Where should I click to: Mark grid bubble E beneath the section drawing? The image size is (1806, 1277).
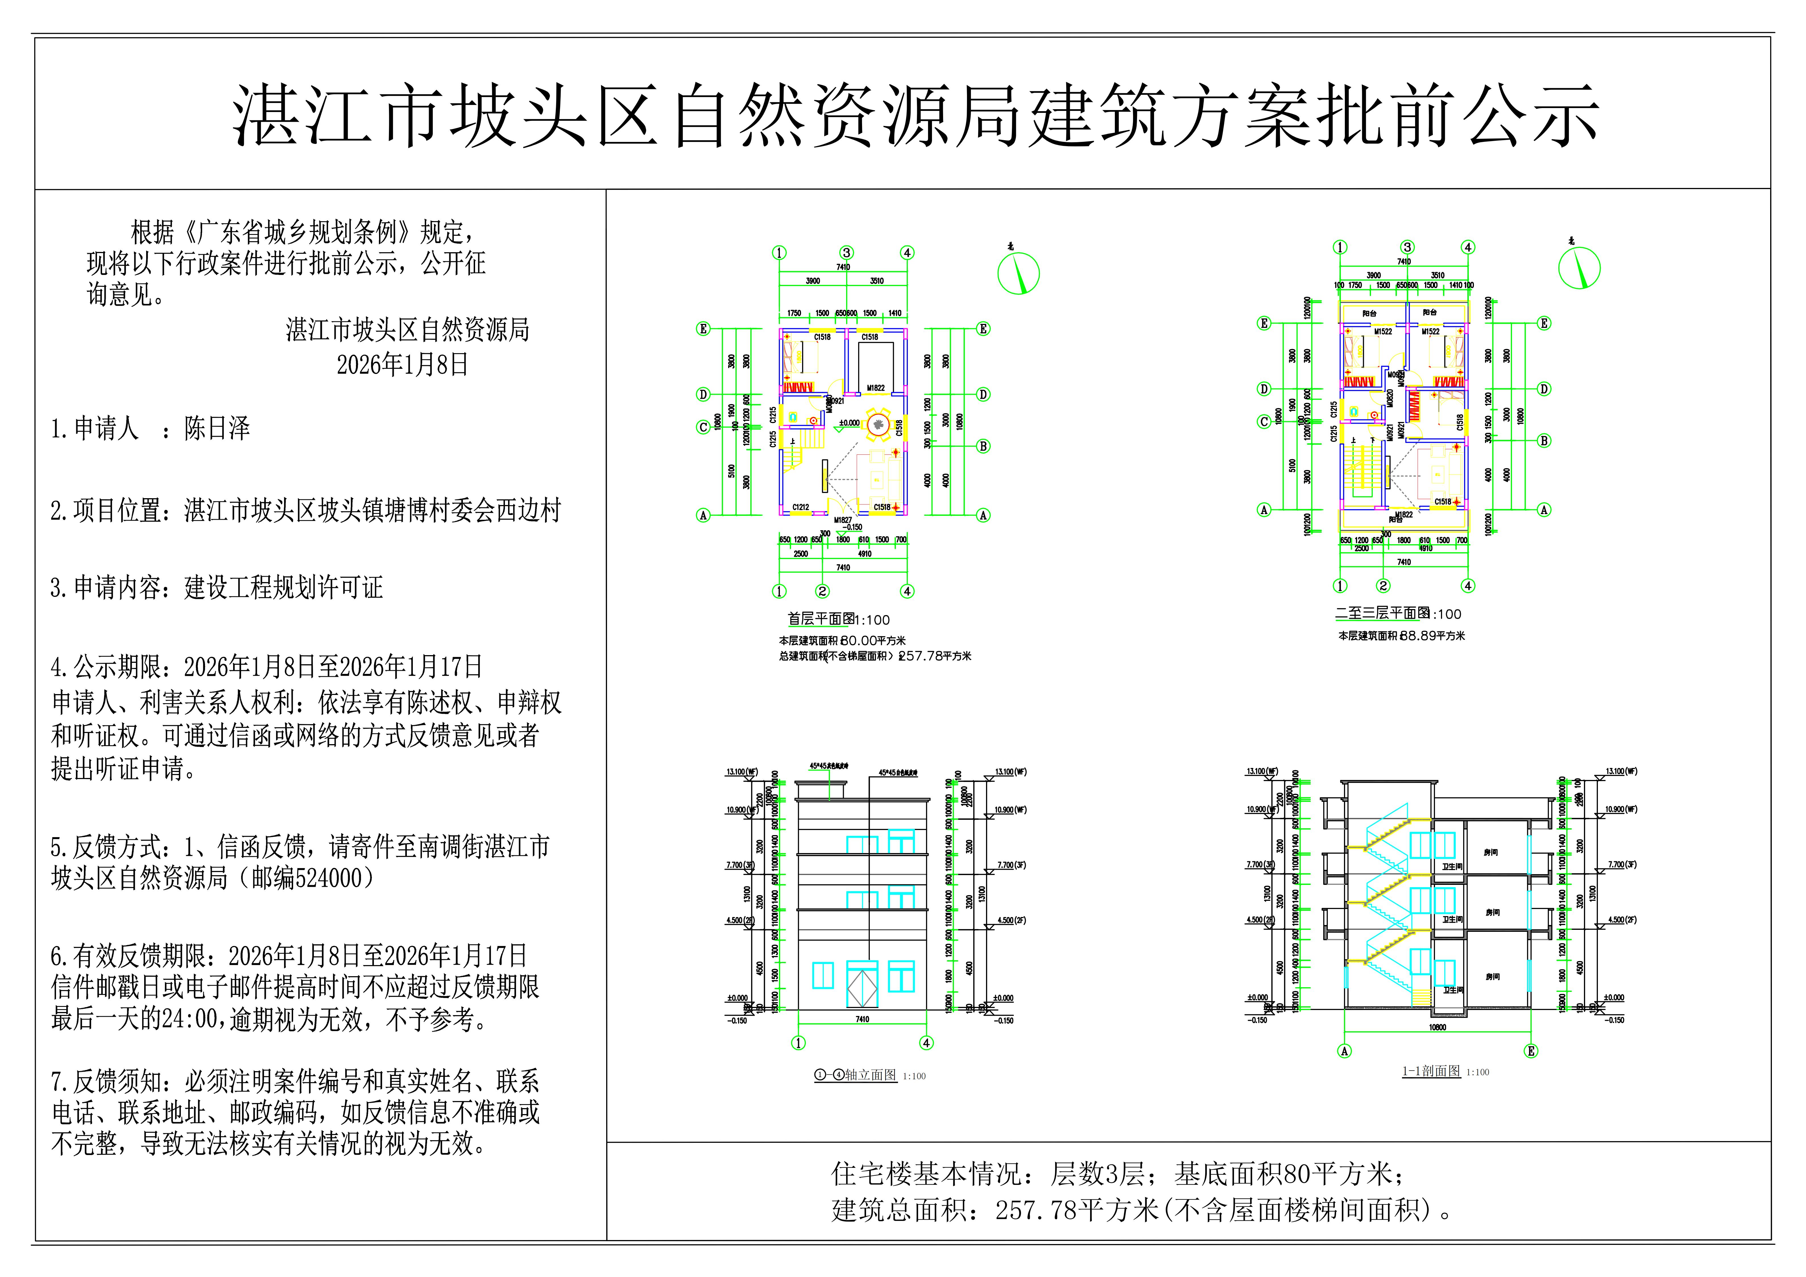(x=1531, y=1051)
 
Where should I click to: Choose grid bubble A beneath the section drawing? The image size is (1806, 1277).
(x=1344, y=1051)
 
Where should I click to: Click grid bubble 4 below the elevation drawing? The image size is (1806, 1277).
(x=927, y=1042)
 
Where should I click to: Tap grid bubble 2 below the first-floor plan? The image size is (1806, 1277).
(x=822, y=591)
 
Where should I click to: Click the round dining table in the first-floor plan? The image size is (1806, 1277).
(x=878, y=424)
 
